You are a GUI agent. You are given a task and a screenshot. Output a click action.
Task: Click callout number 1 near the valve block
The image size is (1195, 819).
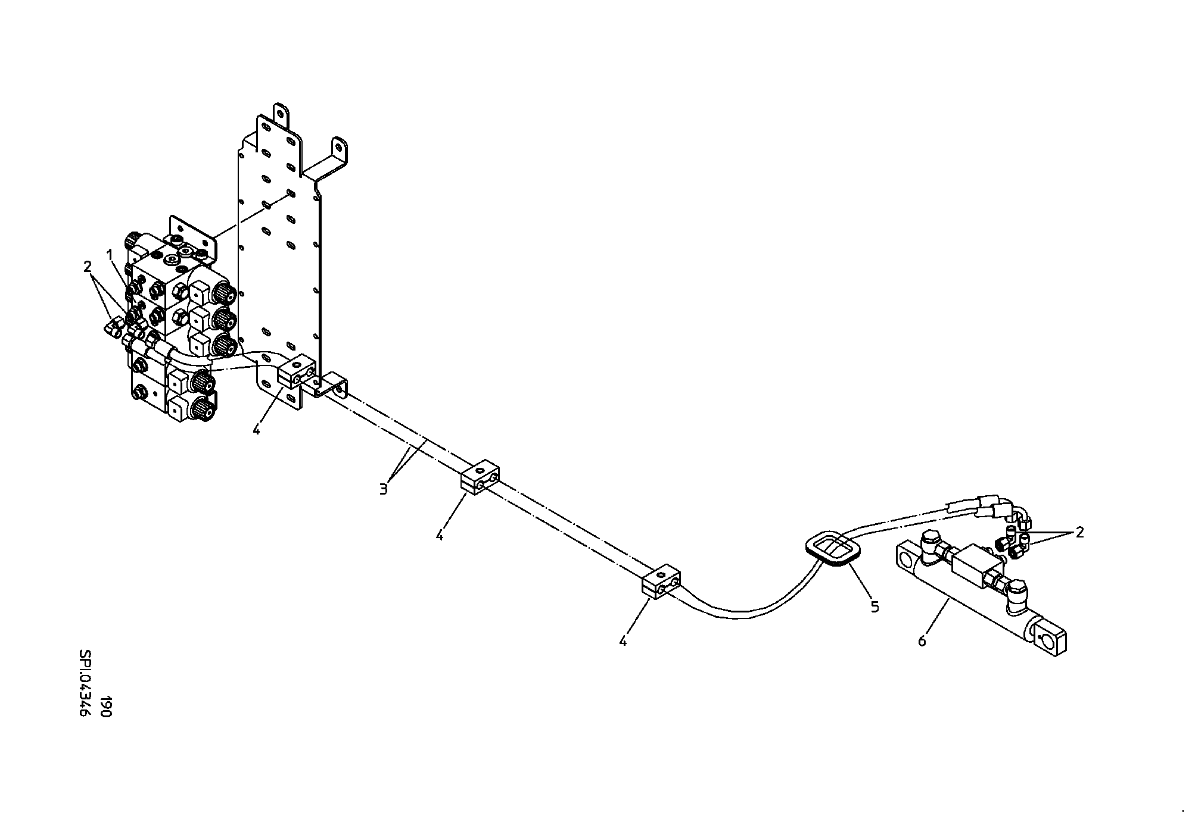[110, 255]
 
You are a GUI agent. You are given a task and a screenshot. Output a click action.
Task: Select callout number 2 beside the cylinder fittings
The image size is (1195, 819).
[1079, 533]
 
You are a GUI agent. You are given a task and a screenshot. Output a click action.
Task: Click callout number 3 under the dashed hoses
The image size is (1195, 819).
[384, 489]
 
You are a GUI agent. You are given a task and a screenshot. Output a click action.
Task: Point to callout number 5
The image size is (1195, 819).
[875, 607]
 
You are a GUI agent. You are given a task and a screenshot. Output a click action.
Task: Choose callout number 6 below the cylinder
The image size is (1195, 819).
[922, 641]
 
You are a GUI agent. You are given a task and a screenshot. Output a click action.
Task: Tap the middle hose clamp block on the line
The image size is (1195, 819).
[480, 477]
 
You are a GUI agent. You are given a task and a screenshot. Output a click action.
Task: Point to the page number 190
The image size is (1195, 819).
[106, 707]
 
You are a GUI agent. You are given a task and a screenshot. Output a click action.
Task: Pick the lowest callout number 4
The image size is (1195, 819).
[623, 641]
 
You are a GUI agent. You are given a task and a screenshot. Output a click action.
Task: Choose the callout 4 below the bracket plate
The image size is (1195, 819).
[256, 429]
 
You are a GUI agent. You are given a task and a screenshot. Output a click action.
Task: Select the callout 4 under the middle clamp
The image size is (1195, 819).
[440, 536]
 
